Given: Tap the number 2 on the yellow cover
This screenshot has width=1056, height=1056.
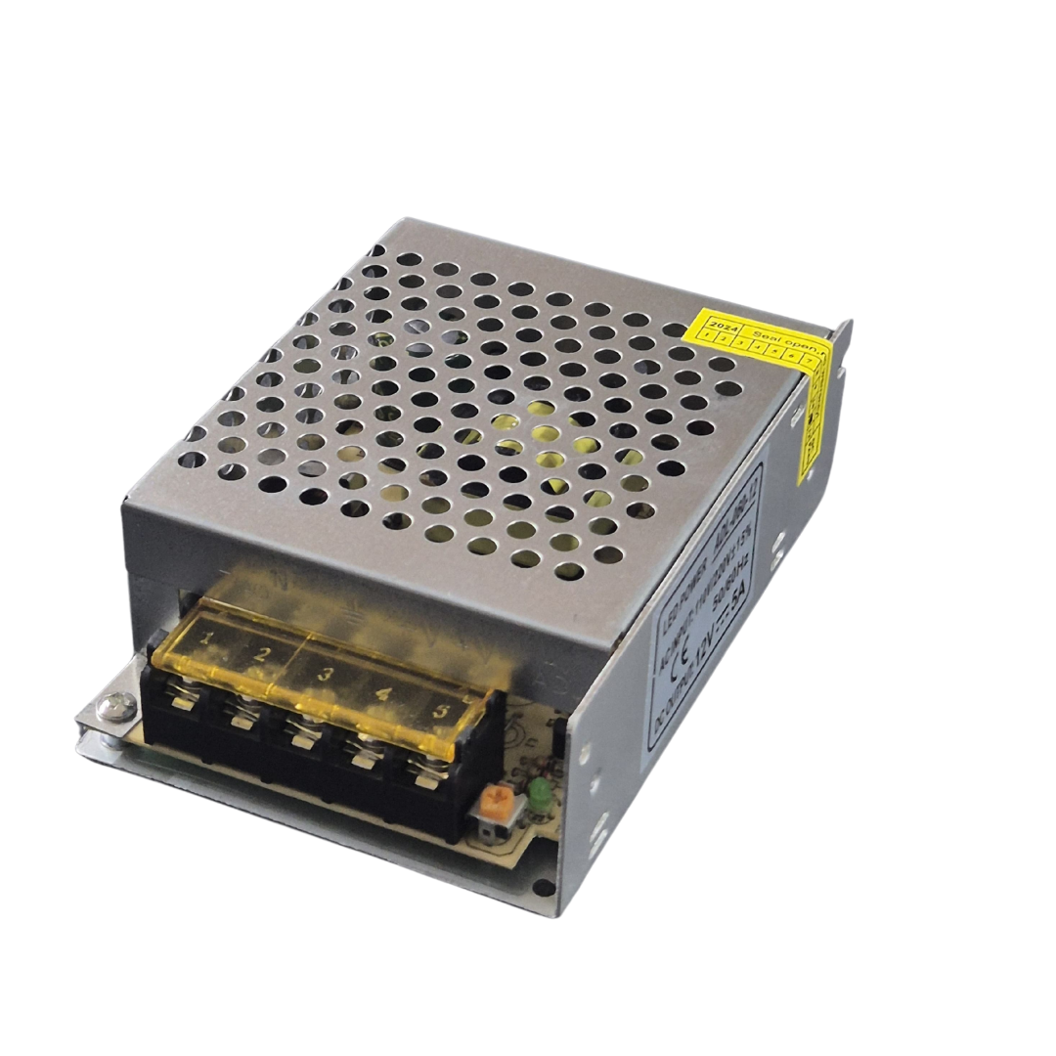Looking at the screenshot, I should click(261, 654).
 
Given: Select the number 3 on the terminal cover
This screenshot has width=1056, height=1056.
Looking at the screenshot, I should click(326, 674).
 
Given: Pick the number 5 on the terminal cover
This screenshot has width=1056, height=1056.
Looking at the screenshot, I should click(441, 712).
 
